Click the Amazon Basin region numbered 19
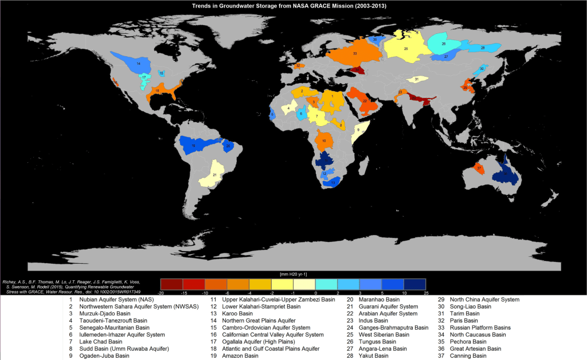(x=198, y=146)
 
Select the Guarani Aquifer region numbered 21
(x=214, y=174)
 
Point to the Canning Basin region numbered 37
(x=479, y=168)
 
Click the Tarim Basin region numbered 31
(x=417, y=79)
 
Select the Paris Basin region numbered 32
(x=298, y=66)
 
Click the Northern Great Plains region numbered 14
(x=139, y=65)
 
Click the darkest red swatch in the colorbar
(x=171, y=284)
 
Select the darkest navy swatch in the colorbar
(x=414, y=284)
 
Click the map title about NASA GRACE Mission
(x=293, y=5)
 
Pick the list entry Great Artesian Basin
(x=475, y=349)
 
